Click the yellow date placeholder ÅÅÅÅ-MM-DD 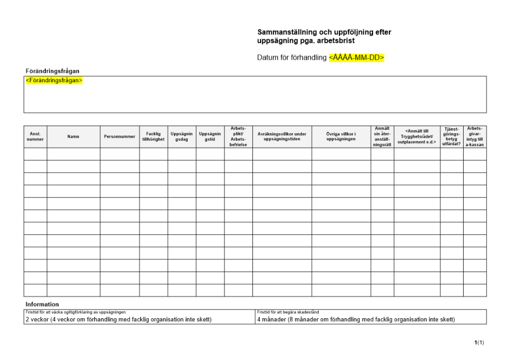point(356,58)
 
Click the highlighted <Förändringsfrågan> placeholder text point(54,80)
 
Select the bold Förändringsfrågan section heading point(52,71)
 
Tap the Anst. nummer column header point(35,136)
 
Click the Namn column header point(73,136)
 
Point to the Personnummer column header point(120,136)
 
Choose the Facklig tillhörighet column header point(153,136)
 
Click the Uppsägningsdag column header point(182,136)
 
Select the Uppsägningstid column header point(210,136)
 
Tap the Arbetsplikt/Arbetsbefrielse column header point(238,136)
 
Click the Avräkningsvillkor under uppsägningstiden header point(282,136)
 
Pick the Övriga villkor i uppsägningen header point(341,136)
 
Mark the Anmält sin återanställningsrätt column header point(382,136)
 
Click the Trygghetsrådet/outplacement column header point(417,136)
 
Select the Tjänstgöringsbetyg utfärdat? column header point(451,136)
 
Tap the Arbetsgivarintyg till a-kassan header point(475,136)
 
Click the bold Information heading point(42,304)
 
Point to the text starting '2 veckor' point(118,320)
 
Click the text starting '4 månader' point(356,320)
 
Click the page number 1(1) point(479,343)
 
